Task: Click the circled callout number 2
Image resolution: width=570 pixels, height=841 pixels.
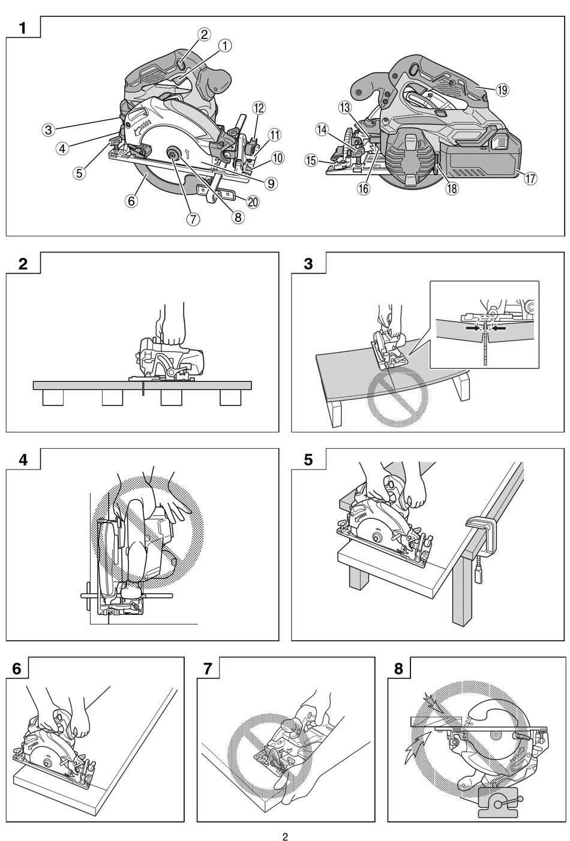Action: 204,35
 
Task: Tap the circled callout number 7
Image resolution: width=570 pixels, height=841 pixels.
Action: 193,220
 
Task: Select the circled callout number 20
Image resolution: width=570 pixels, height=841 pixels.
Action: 253,202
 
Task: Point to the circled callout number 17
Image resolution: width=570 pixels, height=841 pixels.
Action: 530,178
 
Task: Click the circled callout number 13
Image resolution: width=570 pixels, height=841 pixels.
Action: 344,108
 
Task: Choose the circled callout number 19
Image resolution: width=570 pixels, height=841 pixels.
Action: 502,90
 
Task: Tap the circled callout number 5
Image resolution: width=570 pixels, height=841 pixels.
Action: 79,173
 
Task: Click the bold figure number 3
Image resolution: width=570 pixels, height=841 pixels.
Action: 308,264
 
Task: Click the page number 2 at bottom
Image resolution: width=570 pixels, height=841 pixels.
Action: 285,836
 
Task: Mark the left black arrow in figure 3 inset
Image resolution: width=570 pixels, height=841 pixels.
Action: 473,328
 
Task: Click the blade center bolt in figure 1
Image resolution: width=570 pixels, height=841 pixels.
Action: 173,153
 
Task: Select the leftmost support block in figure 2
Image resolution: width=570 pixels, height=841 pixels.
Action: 53,397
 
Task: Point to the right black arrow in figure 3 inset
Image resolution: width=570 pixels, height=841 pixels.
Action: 498,328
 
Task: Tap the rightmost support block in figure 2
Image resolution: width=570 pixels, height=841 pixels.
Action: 230,397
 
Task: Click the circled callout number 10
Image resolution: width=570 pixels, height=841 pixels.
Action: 277,158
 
